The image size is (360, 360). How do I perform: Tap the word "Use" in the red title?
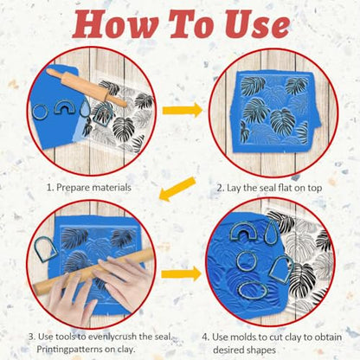pos(257,24)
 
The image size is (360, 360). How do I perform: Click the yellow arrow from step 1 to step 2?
pos(183,110)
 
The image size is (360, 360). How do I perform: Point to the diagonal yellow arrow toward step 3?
pos(177,189)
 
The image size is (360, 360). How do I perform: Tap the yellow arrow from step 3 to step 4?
pos(181,273)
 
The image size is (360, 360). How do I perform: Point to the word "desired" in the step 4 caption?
pos(228,350)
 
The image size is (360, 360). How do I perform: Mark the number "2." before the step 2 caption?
pos(221,188)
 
